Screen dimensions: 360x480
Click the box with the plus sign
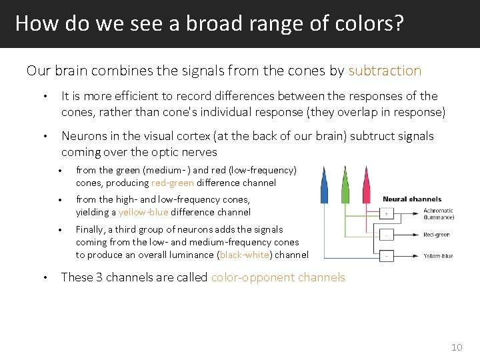(x=387, y=214)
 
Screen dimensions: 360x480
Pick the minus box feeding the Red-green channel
(x=387, y=235)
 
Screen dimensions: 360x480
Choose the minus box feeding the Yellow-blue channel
(x=387, y=255)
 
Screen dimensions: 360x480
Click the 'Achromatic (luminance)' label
(x=439, y=214)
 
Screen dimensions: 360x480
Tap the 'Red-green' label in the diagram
(x=437, y=235)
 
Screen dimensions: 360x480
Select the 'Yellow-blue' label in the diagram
(x=439, y=256)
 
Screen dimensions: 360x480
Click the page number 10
(x=456, y=347)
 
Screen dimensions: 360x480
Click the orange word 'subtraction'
(x=385, y=71)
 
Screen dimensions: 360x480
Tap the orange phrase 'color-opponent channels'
(x=278, y=277)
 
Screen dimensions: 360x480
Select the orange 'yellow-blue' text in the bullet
(x=143, y=212)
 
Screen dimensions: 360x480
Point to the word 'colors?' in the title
(x=375, y=23)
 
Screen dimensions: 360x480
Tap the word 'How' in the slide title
(x=30, y=23)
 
